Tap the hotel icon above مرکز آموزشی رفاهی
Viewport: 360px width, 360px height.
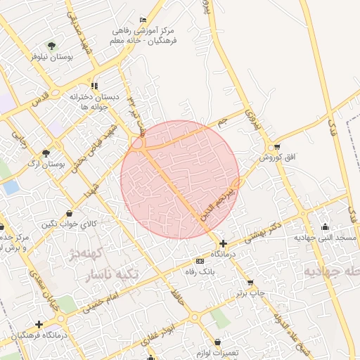coord(144,19)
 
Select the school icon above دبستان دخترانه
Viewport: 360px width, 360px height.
coord(95,86)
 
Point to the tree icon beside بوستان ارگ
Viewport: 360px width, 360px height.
coord(46,153)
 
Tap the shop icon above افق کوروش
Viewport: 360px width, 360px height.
coord(278,147)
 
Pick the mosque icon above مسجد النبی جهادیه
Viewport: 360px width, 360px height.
coord(325,226)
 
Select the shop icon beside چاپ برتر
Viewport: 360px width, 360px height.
coord(250,283)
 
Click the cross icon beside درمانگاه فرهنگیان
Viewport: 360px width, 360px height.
coord(39,324)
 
